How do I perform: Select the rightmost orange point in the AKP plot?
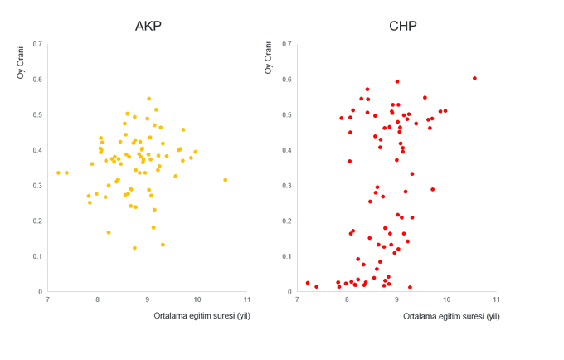[225, 180]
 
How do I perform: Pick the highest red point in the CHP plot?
[474, 79]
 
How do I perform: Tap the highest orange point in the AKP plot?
[149, 99]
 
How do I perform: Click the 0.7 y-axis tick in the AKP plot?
[38, 44]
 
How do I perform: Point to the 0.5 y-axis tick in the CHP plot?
[287, 114]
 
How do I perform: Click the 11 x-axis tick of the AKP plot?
[247, 299]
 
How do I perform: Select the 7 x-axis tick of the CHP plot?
[297, 299]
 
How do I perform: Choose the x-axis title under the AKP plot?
[202, 316]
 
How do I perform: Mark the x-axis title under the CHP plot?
[451, 316]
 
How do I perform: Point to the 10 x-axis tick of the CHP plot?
[446, 299]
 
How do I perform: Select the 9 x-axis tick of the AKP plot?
[148, 299]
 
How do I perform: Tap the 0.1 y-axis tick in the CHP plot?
[287, 256]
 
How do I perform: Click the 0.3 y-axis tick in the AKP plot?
[38, 186]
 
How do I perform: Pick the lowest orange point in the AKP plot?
[134, 248]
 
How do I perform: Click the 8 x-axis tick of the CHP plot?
[347, 299]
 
